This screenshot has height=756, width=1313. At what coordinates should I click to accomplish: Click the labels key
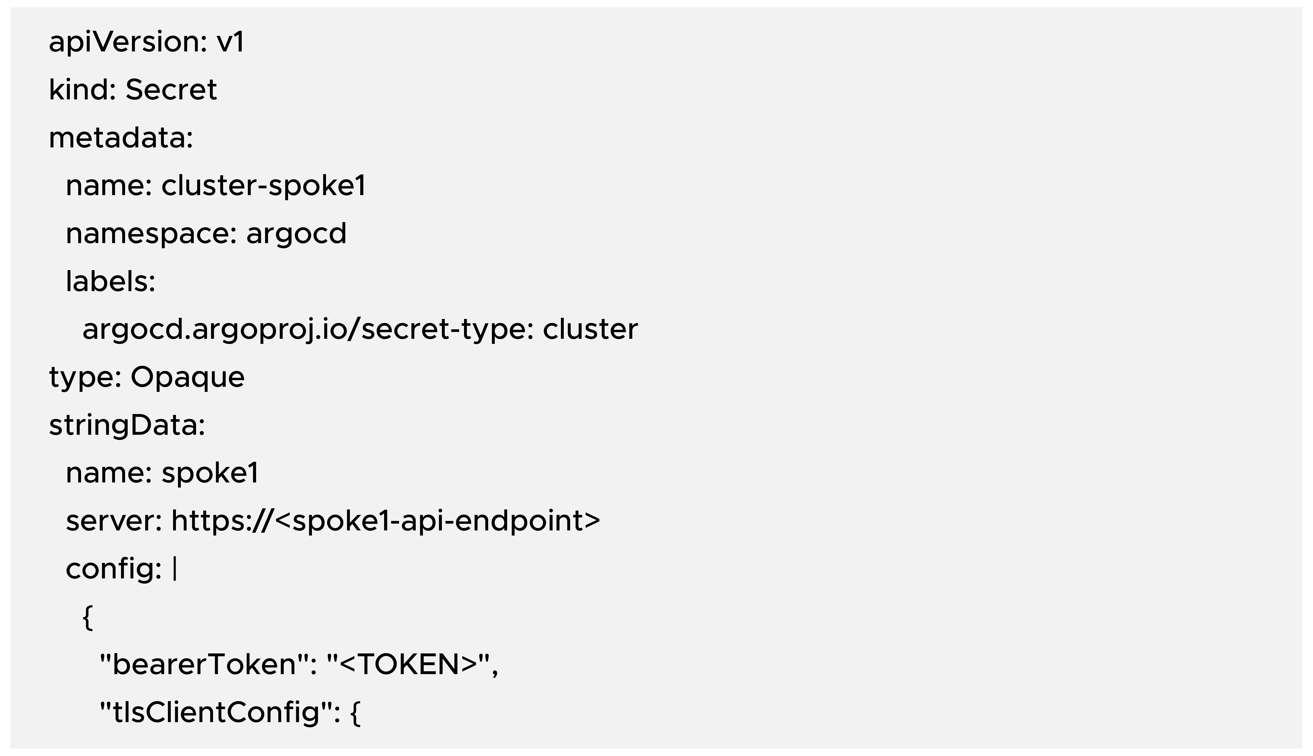110,281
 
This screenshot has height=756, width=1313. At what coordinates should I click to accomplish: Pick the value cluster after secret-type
590,330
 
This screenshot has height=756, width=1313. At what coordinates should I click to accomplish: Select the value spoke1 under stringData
210,473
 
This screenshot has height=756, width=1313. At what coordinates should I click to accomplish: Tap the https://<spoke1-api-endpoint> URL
385,521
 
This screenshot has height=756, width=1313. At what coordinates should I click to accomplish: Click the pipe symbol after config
175,569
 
